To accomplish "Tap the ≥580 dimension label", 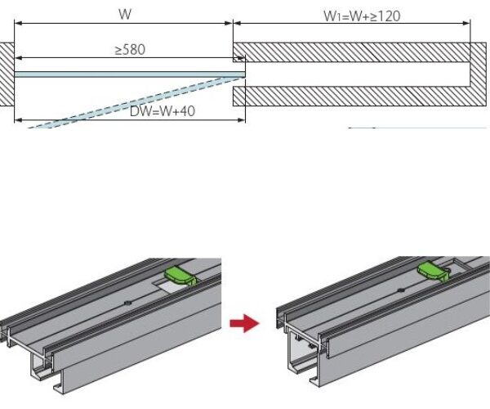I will point(130,50).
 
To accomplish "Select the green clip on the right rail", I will point(433,271).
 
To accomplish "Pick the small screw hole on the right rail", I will point(399,290).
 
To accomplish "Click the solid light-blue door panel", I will point(122,74).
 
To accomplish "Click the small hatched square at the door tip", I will point(238,59).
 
